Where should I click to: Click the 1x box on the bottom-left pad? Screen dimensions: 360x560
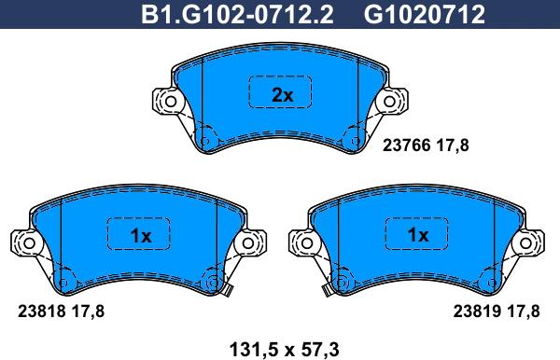(140, 236)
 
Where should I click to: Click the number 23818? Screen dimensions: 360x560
(39, 313)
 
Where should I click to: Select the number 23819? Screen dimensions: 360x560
(476, 313)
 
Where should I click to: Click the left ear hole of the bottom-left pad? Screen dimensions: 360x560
(27, 243)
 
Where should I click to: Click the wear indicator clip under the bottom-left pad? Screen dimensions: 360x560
(225, 291)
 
